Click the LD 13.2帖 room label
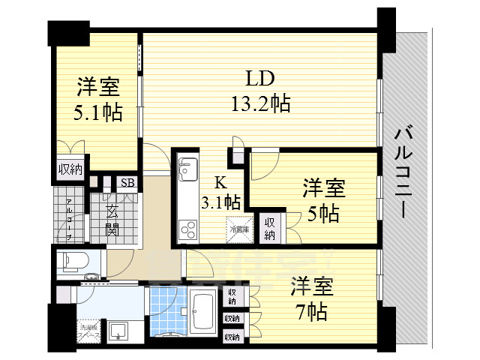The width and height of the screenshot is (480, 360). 259,90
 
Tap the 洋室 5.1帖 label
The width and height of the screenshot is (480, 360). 97,100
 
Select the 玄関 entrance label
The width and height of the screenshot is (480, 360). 112,218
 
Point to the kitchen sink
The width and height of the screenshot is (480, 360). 187,166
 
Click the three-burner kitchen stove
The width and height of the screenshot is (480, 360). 187,226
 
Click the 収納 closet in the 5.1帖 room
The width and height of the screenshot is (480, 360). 71,169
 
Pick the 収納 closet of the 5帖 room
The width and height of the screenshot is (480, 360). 269,228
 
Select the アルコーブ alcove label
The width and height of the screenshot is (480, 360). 68,218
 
